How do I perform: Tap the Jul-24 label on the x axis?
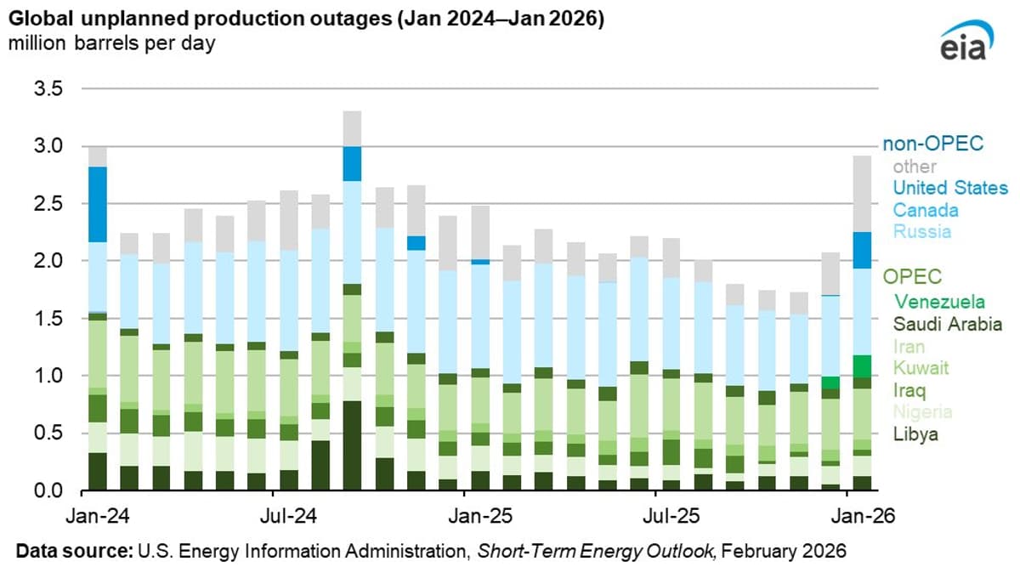tap(273, 515)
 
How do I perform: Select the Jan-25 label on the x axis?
tap(464, 515)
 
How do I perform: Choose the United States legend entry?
tap(950, 188)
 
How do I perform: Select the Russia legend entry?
tap(921, 232)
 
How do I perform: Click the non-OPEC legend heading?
tap(933, 144)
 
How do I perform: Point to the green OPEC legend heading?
tap(912, 277)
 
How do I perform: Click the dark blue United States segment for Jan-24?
tap(98, 204)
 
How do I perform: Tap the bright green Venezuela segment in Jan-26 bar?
tap(862, 365)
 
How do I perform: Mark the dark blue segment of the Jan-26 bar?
tap(862, 250)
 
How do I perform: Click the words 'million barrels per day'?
tap(111, 44)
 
